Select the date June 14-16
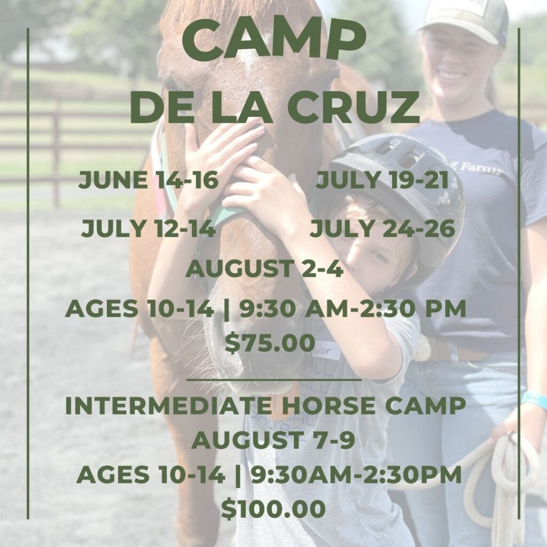click(149, 180)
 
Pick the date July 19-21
click(382, 180)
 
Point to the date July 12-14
click(149, 229)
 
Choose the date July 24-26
click(382, 229)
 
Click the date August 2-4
click(265, 269)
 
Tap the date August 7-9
click(273, 440)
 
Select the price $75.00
click(270, 342)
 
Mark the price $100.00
click(273, 509)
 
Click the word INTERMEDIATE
click(168, 405)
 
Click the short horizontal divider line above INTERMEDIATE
click(274, 379)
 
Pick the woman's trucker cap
click(464, 21)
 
